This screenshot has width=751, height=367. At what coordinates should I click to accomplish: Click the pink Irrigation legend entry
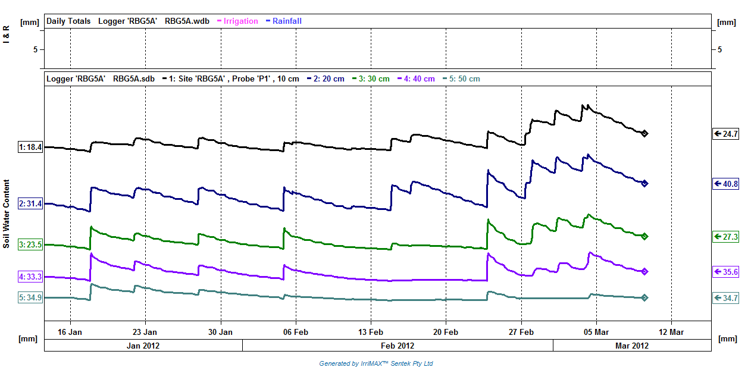coord(237,21)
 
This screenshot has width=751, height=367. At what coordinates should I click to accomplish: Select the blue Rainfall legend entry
coord(284,21)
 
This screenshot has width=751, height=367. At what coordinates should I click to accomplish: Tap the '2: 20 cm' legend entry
coord(326,79)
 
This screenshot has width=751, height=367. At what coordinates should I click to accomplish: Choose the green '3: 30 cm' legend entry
coord(371,79)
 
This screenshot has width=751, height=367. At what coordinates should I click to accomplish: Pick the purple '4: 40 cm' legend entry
coord(416,79)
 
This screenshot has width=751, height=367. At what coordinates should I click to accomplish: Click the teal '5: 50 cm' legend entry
coord(461,79)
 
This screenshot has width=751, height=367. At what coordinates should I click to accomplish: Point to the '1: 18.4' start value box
coord(30,147)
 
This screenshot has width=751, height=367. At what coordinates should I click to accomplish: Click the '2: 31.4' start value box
coord(30,203)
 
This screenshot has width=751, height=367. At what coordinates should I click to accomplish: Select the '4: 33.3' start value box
coord(30,277)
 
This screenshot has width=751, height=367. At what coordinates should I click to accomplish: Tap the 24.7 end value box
coord(725,134)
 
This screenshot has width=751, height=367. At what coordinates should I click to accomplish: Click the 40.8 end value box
coord(725,184)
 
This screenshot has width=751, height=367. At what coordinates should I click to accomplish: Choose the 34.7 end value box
coord(725,298)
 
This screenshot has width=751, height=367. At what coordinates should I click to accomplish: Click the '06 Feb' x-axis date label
coord(295,332)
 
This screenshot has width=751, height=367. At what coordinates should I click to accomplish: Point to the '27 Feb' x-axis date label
coord(521,332)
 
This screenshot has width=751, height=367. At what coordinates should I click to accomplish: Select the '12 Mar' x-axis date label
coord(671,332)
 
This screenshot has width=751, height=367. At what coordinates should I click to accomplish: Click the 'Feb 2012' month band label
coord(398,346)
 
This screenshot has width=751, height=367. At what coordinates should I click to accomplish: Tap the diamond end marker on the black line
coord(644,133)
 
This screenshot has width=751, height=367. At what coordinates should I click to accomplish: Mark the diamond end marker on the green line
coord(644,236)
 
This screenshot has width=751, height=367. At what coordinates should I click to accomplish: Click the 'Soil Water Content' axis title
coord(7,214)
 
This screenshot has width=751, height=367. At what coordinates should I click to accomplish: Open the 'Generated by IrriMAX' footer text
coord(376,363)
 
